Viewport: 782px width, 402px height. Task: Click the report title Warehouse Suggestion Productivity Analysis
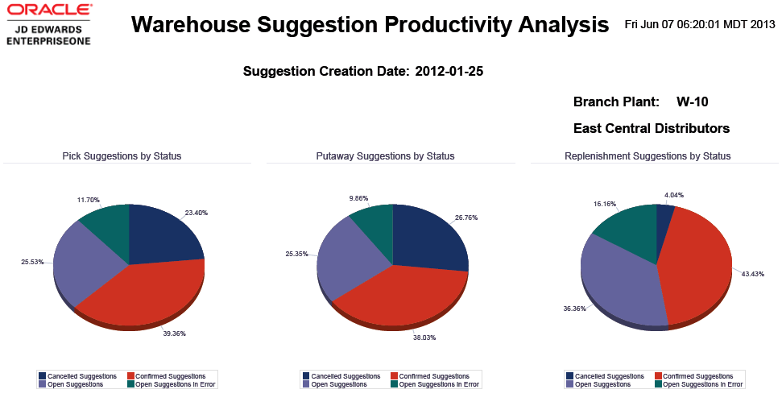point(370,25)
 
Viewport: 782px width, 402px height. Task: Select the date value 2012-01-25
point(449,72)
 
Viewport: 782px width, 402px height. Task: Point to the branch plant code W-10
point(692,102)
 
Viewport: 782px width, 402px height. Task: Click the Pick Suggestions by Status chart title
point(122,155)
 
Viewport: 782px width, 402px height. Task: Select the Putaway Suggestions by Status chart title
point(385,155)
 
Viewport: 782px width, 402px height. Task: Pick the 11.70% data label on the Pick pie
point(88,199)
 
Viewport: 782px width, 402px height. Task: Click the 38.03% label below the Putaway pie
point(424,338)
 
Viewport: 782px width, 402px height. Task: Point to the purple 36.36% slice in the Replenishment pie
point(620,282)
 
